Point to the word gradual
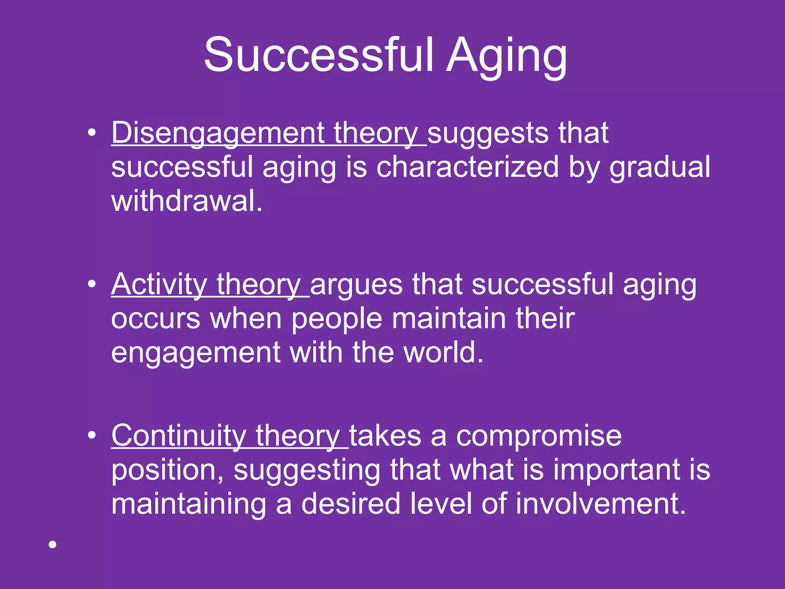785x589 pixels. [x=660, y=168]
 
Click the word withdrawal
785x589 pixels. [x=186, y=201]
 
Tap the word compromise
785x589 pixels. [x=539, y=436]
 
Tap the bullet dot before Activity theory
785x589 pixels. [x=91, y=284]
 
